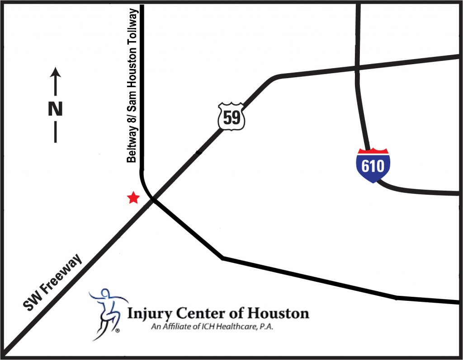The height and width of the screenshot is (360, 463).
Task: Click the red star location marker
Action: [133, 198]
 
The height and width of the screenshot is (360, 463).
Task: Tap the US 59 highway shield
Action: [231, 117]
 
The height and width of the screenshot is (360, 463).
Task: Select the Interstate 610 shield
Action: [373, 165]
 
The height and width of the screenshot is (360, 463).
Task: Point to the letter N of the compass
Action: [55, 109]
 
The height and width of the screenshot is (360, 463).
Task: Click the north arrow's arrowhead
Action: [55, 72]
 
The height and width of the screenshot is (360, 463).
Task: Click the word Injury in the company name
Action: [145, 313]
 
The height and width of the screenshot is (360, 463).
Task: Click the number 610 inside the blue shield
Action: [373, 166]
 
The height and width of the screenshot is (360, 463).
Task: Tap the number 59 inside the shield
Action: [231, 118]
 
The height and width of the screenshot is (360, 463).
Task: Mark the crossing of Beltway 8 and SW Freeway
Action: [151, 199]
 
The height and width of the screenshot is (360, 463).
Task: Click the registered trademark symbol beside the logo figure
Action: [118, 331]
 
